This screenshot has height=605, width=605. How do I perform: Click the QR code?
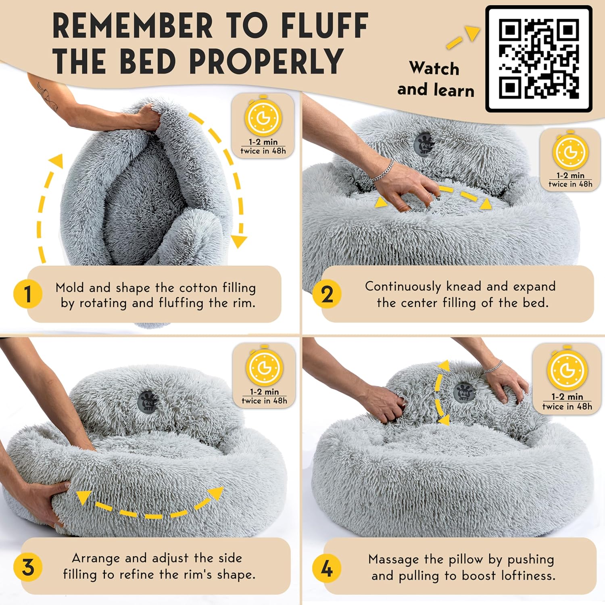point(539,59)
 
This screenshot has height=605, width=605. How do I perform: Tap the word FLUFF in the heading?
point(325,26)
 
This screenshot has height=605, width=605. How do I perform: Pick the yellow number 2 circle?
point(327,294)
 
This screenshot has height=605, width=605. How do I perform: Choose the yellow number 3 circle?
point(27,567)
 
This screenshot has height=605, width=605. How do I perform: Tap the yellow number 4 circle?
point(326,568)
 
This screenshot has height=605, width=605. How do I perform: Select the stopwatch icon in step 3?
point(264,367)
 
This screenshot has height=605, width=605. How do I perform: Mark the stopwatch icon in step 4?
point(567,370)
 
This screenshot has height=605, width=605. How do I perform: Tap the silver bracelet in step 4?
point(493,366)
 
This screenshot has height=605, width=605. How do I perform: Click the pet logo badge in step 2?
point(424,144)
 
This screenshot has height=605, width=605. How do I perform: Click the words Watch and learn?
point(435,79)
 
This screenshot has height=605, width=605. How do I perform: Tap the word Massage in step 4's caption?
point(393,559)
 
